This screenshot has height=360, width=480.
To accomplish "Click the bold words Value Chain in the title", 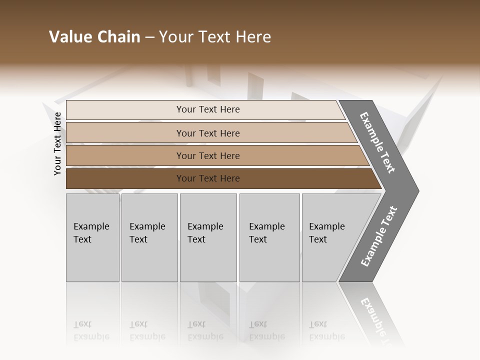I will point(94,37).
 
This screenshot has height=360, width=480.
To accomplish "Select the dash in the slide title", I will point(149,37).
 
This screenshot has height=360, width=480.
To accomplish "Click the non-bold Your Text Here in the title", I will point(215,37).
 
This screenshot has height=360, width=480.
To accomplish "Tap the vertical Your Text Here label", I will point(57,143).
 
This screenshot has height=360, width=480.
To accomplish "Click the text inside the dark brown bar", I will point(208,178).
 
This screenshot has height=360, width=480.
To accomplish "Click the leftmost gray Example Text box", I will point(92,237).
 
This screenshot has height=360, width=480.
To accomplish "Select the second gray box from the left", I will point(149,237).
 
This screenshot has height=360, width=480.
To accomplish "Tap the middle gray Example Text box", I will point(208,237).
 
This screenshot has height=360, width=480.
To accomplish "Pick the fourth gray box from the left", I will point(269,237).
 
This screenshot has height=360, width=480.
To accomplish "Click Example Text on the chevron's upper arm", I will point(377,142).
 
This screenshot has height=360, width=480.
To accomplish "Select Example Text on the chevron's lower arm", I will point(379,236).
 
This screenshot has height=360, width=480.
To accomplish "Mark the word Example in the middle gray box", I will point(205,226).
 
